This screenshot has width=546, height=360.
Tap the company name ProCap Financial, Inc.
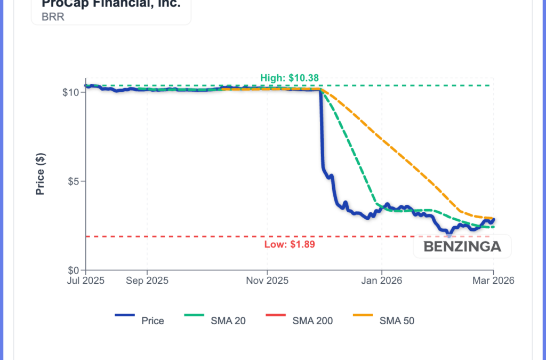click(x=111, y=4)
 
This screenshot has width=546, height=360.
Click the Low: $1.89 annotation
click(x=286, y=245)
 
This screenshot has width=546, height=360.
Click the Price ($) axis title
click(x=40, y=174)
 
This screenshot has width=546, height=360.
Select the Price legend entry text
click(x=152, y=321)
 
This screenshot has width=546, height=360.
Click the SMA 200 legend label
click(x=312, y=321)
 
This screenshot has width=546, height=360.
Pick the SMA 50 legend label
click(x=397, y=321)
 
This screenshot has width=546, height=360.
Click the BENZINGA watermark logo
click(x=462, y=246)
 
